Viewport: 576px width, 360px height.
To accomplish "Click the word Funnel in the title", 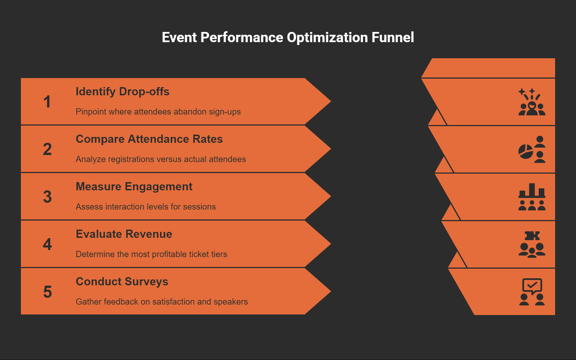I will click(x=392, y=37).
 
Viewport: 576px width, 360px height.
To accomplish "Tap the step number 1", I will click(x=47, y=102).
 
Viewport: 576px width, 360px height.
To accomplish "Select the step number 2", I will click(x=47, y=149).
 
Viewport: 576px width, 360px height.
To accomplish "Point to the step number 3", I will click(x=47, y=197).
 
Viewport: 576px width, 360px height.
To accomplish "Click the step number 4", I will click(x=47, y=244).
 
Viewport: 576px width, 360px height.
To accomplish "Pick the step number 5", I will click(x=47, y=292).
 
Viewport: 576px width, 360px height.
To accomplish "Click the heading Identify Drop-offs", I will click(x=122, y=92).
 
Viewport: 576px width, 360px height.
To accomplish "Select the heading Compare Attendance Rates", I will click(x=149, y=139).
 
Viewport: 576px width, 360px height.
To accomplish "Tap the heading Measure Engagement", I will click(x=134, y=187).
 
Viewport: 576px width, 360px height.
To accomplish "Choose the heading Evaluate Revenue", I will click(x=124, y=234).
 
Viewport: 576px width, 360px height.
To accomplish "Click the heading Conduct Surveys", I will click(x=122, y=282).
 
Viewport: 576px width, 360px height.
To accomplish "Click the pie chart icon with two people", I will click(x=532, y=149).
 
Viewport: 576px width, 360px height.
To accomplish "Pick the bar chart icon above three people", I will click(x=532, y=197).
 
